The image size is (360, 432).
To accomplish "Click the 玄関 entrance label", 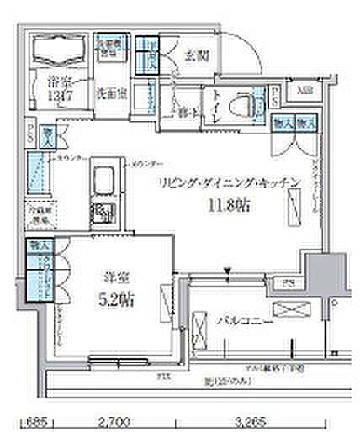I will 199,57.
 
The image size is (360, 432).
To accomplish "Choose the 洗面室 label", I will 109,92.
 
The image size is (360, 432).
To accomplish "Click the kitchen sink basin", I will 105,180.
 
